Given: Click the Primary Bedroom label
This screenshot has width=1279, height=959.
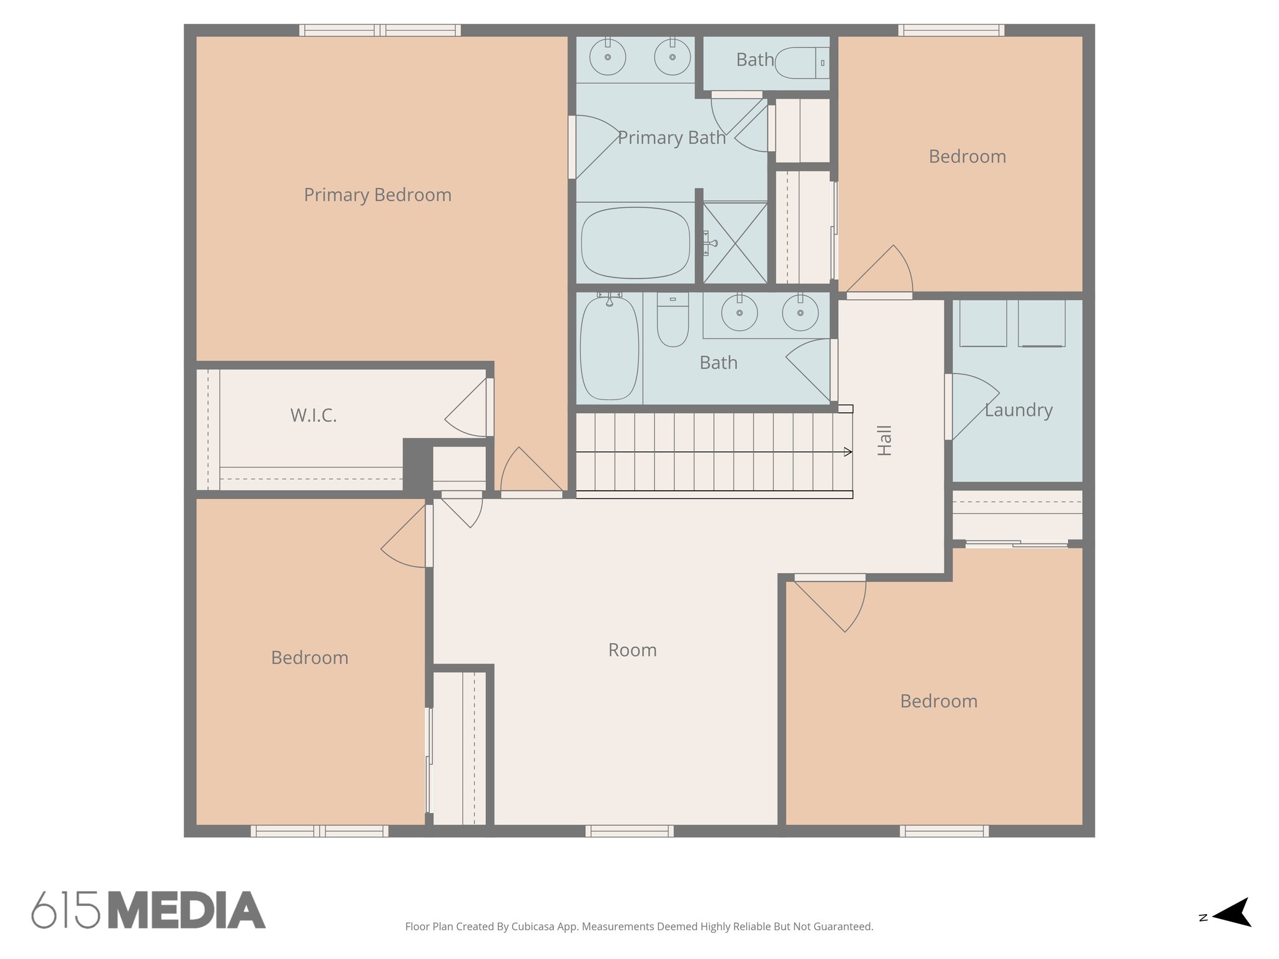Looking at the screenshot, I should click(x=377, y=195).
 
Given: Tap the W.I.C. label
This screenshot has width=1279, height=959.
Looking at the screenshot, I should click(x=314, y=415).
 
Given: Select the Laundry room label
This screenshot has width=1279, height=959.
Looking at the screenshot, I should click(x=1019, y=410).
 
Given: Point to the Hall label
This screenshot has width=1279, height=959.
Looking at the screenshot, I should click(x=884, y=441).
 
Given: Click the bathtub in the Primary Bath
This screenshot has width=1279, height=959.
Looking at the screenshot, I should click(x=635, y=243).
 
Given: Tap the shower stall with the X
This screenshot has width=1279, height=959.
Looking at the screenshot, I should click(x=735, y=243).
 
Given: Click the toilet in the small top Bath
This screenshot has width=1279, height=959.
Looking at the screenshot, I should click(x=802, y=63).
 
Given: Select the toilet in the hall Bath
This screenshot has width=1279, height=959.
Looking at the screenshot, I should click(x=673, y=320).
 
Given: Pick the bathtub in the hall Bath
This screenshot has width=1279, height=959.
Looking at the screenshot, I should click(x=609, y=349).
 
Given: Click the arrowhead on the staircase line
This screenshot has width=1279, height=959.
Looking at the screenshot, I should click(x=847, y=452).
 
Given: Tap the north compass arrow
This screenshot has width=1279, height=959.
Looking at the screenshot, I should click(x=1233, y=913).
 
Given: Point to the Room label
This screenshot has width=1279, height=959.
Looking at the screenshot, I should click(x=632, y=651).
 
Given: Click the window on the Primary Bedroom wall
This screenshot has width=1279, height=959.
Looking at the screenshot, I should click(x=380, y=30).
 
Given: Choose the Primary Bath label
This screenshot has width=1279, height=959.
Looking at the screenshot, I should click(x=671, y=138).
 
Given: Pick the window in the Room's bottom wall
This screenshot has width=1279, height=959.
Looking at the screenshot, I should click(x=629, y=831).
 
